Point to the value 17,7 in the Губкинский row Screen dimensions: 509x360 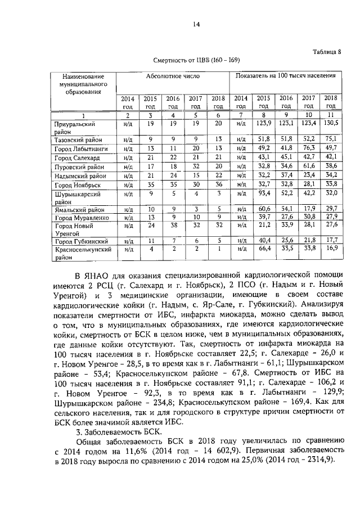pos(331,240)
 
